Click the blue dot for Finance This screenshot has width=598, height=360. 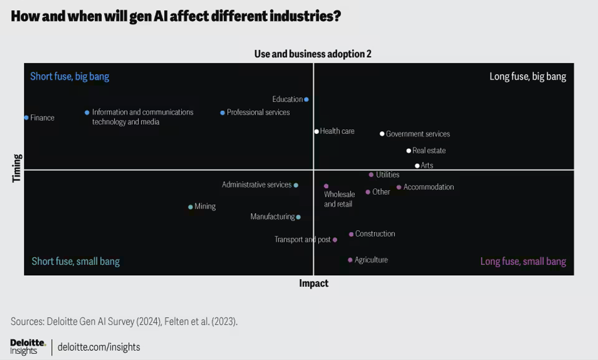pyautogui.click(x=26, y=118)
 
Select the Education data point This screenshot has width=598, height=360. pyautogui.click(x=306, y=99)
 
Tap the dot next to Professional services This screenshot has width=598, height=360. pyautogui.click(x=223, y=113)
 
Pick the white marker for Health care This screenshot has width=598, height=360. pyautogui.click(x=316, y=131)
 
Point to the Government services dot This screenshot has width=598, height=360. pyautogui.click(x=382, y=134)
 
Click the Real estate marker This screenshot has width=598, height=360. pyautogui.click(x=409, y=151)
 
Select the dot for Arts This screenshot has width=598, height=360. pyautogui.click(x=417, y=165)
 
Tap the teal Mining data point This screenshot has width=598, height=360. pyautogui.click(x=190, y=207)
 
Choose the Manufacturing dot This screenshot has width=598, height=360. pyautogui.click(x=298, y=217)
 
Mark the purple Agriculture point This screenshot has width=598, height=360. pyautogui.click(x=350, y=260)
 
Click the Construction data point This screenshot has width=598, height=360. pyautogui.click(x=351, y=234)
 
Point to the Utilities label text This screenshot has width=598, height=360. pyautogui.click(x=388, y=175)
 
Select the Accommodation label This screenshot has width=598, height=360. pyautogui.click(x=428, y=187)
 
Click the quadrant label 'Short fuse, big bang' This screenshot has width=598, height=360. pyautogui.click(x=70, y=76)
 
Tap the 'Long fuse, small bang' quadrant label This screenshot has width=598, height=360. pyautogui.click(x=523, y=261)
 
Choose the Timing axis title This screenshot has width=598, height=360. pyautogui.click(x=17, y=168)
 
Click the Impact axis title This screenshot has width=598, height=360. pyautogui.click(x=313, y=283)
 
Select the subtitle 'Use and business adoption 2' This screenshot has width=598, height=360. pyautogui.click(x=313, y=54)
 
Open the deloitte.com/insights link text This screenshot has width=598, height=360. pyautogui.click(x=99, y=347)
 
